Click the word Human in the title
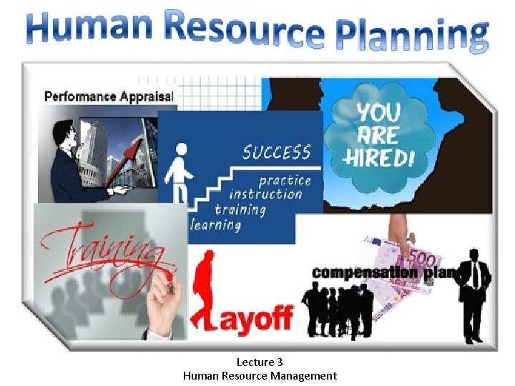click(x=85, y=27)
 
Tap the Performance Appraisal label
click(x=109, y=95)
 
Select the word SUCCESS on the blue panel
click(x=276, y=152)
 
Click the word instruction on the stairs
click(x=265, y=194)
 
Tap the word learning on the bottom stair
click(x=216, y=224)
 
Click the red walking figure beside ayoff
click(x=205, y=289)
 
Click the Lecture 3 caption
click(x=260, y=362)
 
